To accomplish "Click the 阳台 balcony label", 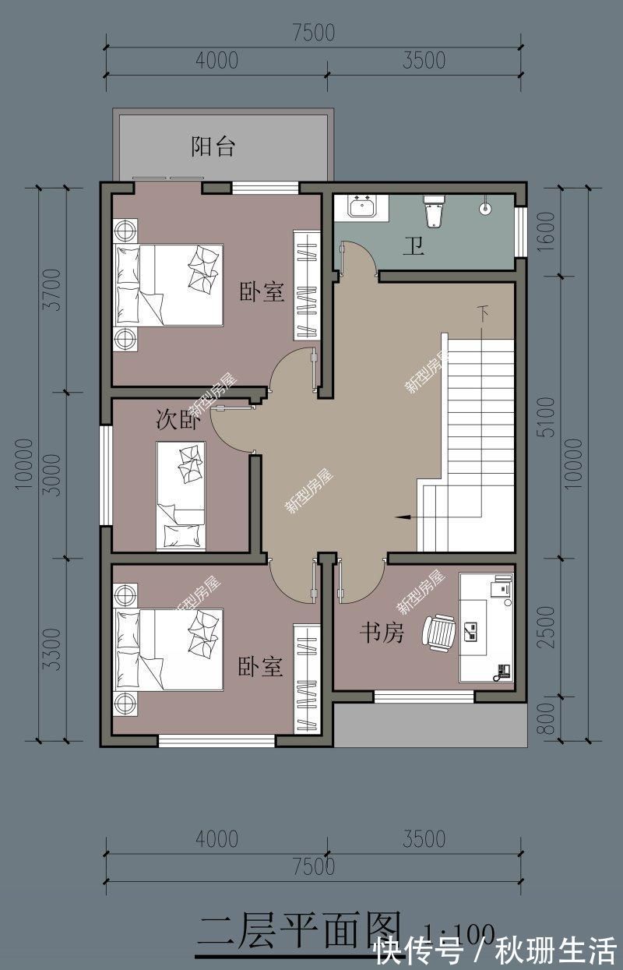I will pos(213,146).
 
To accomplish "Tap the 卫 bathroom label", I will pos(414,248).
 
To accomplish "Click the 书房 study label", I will pos(381,633).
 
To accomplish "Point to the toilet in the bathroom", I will pos(434,211).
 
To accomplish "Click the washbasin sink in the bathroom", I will pos(362,208).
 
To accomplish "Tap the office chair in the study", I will pos(440,632).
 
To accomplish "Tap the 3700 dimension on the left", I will pos(51,289).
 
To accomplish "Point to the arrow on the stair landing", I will pos(403,516).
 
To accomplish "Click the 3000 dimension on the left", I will pos(51,474).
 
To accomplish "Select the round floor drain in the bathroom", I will pos(485,208).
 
